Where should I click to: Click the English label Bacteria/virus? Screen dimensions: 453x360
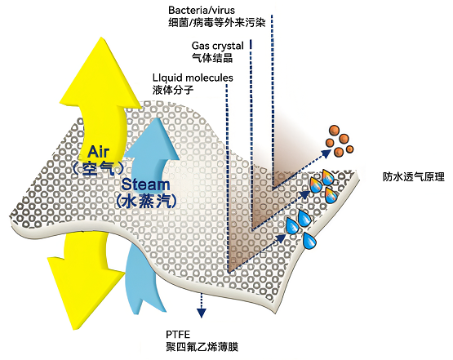point(202,11)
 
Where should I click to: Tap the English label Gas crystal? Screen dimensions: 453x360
point(218,46)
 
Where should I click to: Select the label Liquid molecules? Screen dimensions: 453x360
point(193,78)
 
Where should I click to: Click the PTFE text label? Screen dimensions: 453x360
point(178,335)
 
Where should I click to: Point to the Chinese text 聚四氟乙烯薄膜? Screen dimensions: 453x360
point(202,347)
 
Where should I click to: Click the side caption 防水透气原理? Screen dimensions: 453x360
point(414,176)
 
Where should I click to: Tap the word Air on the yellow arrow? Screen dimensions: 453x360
point(99,152)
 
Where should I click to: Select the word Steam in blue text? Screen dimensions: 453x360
point(145,184)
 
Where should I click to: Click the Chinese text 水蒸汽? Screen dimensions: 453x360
point(146,201)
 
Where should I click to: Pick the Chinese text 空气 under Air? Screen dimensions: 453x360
point(99,168)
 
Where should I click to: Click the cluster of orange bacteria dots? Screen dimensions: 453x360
point(339,140)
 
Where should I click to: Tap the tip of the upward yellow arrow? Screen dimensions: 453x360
point(101,38)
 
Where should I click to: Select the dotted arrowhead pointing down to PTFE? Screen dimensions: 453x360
point(202,313)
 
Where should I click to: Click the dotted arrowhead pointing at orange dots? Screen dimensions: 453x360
point(326,153)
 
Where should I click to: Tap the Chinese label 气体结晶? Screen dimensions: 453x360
point(212,58)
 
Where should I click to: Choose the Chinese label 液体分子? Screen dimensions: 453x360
point(173,90)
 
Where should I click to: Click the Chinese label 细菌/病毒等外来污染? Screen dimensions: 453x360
point(217,23)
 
